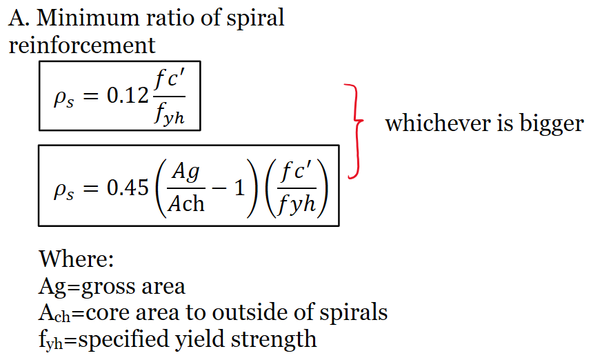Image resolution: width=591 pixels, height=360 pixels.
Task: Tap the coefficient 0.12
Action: tap(128, 95)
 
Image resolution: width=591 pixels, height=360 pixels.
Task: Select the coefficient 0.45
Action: tap(128, 188)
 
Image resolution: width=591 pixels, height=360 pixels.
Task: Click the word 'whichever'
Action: tap(439, 123)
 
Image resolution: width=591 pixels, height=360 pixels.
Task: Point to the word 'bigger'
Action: tap(552, 124)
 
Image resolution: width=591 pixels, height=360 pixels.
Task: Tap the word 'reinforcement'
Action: tap(82, 46)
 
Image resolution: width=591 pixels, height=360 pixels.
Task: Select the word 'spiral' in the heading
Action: tap(254, 19)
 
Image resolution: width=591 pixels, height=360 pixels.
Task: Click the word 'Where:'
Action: tap(76, 259)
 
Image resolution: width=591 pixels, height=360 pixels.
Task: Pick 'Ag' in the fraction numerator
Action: tap(186, 173)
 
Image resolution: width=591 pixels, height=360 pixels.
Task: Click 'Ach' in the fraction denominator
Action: tap(186, 204)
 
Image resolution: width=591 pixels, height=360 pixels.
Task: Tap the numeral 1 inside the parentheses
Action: tap(240, 188)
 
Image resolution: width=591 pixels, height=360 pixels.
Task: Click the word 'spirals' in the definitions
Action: tap(354, 313)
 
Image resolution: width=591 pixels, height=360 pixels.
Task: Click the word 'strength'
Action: tap(274, 339)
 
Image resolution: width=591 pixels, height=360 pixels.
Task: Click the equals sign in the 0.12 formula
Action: tap(91, 96)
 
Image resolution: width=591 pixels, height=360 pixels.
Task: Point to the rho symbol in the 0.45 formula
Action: tap(63, 190)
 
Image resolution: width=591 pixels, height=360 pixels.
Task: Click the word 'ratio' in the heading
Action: tap(170, 18)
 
